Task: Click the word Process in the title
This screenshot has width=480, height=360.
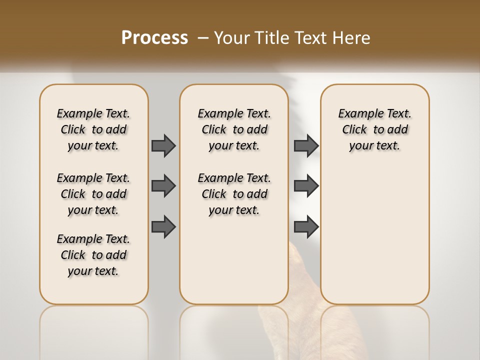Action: click(x=154, y=38)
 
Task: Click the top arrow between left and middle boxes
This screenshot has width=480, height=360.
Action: click(x=163, y=145)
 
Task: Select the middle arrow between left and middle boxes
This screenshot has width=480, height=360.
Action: click(x=163, y=186)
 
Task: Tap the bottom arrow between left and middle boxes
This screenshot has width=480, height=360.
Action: click(x=163, y=227)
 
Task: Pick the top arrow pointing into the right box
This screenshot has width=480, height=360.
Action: click(x=306, y=145)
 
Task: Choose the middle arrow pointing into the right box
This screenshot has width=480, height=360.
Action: click(x=306, y=186)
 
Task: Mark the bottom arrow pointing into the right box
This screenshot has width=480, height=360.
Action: click(x=306, y=227)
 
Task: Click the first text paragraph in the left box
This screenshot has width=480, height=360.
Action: click(x=93, y=129)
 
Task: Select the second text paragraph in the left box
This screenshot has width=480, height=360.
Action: click(x=93, y=194)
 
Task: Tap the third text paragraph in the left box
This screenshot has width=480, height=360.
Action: click(x=93, y=255)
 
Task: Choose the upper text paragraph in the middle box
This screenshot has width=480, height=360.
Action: click(x=234, y=129)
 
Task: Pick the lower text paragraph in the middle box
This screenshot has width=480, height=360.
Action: click(x=234, y=194)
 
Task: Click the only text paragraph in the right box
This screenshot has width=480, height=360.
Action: click(x=374, y=129)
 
